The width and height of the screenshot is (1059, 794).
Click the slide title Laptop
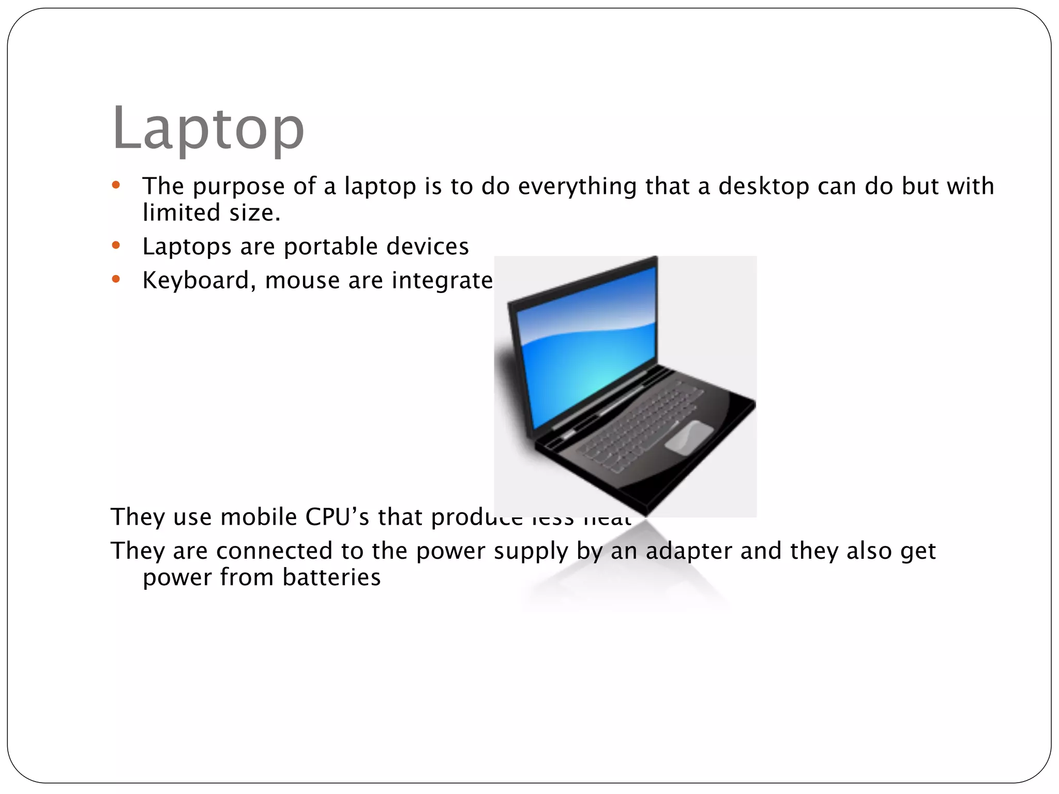tap(208, 128)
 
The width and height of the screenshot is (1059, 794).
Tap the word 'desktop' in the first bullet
tap(763, 186)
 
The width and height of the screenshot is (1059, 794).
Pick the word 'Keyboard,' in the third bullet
tap(199, 281)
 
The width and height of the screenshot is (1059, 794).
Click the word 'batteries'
tap(331, 577)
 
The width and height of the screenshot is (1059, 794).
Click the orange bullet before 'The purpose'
tap(116, 185)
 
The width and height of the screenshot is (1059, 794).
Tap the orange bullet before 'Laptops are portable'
tap(116, 246)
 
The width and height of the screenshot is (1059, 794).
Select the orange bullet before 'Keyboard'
tap(116, 280)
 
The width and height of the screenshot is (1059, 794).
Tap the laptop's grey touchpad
tap(689, 437)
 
